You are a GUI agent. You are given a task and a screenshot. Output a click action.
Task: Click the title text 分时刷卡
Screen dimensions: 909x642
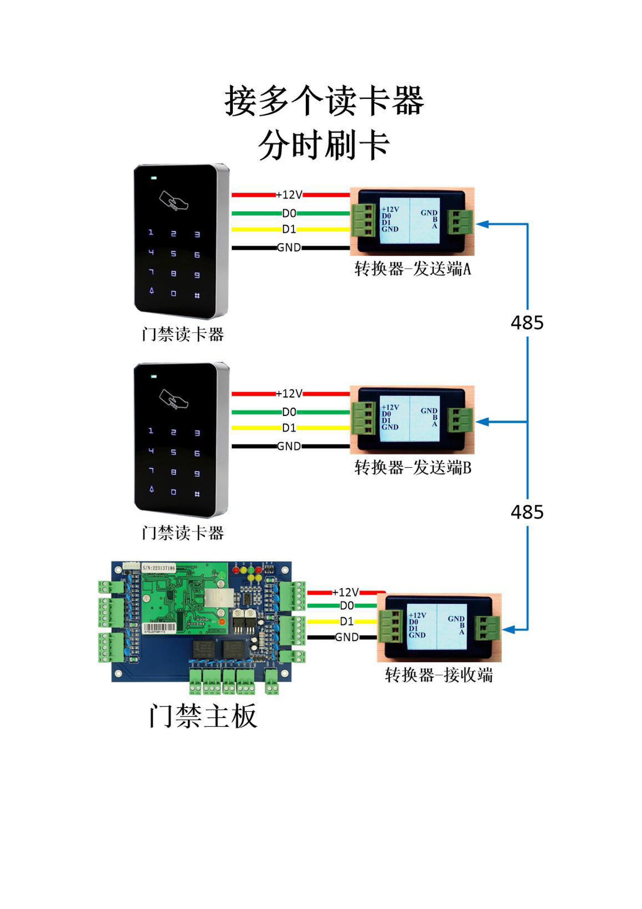coord(324,145)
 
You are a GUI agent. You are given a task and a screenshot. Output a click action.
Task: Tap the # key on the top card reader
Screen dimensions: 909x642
coord(197,296)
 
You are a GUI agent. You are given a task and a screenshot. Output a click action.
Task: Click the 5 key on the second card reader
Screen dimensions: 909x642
coord(173,452)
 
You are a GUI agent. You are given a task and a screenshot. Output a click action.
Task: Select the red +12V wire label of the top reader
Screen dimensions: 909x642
coord(289,195)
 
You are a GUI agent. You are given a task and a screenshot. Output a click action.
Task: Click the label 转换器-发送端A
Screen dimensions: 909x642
coord(413,269)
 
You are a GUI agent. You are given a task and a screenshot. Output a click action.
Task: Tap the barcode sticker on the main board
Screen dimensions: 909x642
coord(158,628)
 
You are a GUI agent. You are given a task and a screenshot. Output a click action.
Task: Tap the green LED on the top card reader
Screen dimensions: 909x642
coord(154,178)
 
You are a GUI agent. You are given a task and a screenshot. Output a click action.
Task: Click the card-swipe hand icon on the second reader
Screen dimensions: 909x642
coord(174,399)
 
